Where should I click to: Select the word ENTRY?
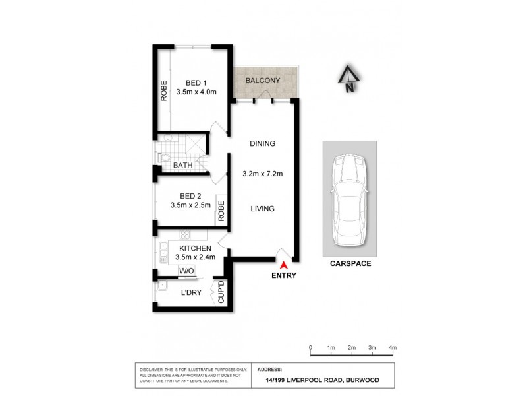(284, 276)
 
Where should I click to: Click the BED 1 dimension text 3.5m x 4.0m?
(196, 92)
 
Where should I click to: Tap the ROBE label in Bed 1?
(163, 90)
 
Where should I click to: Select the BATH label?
(182, 165)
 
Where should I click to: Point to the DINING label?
(262, 143)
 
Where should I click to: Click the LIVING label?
(262, 209)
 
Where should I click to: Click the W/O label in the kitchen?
(186, 271)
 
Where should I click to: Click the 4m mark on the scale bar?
(393, 348)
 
